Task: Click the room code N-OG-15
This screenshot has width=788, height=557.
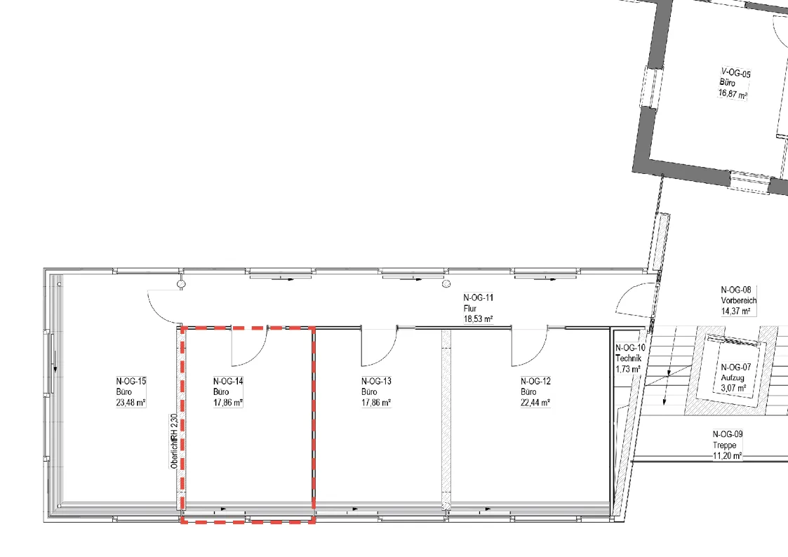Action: [x=131, y=381]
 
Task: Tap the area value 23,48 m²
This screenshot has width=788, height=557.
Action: [x=131, y=402]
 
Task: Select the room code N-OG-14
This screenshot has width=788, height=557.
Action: [x=228, y=381]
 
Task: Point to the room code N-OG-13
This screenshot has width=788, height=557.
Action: [x=376, y=381]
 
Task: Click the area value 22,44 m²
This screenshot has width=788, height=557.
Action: [x=535, y=402]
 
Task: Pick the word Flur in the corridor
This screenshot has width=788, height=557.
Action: [x=470, y=309]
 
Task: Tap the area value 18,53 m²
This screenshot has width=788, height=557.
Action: [x=478, y=319]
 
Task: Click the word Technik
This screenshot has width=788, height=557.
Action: [x=629, y=358]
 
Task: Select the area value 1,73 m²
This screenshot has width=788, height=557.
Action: [x=628, y=369]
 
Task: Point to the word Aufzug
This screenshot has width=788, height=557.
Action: [x=733, y=377]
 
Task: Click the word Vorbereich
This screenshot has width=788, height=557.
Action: [x=739, y=300]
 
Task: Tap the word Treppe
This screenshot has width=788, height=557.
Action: [x=725, y=445]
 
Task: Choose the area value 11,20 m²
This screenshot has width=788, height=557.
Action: [x=728, y=456]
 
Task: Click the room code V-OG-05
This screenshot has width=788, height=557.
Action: [x=736, y=74]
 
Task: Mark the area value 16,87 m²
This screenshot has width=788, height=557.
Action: [x=733, y=94]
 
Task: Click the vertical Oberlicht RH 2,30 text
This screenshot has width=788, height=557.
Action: [x=174, y=441]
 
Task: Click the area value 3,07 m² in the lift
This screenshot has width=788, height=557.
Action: [x=733, y=388]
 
